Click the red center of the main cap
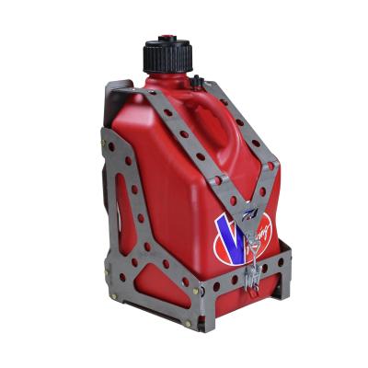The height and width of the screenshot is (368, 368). click(166, 40)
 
